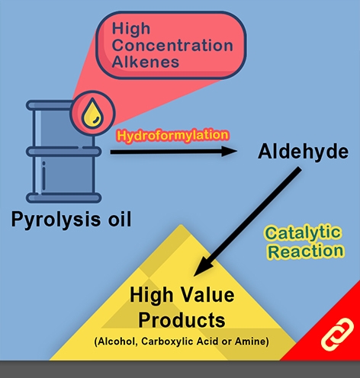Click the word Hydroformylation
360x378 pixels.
[x=173, y=136]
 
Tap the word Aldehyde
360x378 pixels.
[x=303, y=152]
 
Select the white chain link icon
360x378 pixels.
[x=337, y=334]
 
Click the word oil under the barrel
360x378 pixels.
[x=120, y=219]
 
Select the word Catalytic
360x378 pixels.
[x=303, y=232]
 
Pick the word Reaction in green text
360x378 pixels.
[x=306, y=251]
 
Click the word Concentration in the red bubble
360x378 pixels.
[x=172, y=45]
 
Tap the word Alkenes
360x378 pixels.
[x=146, y=62]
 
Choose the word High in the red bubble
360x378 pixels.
[x=131, y=28]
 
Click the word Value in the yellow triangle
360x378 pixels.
[x=207, y=295]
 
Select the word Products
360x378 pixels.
[x=182, y=320]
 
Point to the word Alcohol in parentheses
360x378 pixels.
[x=116, y=341]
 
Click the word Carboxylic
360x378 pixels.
[x=166, y=341]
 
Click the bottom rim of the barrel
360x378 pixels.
[x=64, y=197]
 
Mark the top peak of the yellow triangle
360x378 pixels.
[x=181, y=225]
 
